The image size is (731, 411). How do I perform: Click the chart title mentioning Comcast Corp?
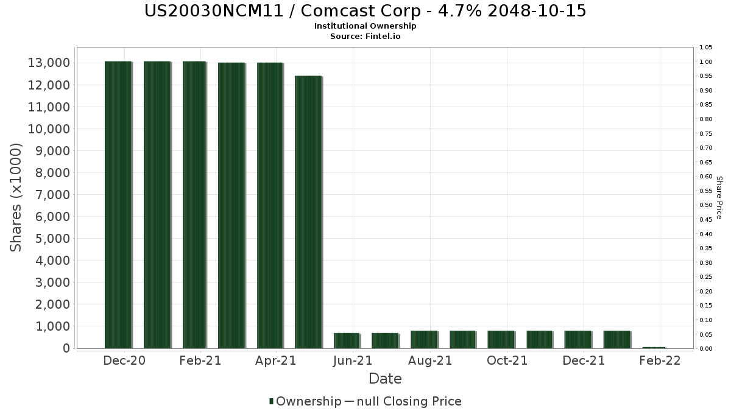click(365, 11)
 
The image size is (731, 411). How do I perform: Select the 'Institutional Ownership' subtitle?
click(365, 26)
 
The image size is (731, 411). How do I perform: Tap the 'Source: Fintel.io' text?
click(365, 36)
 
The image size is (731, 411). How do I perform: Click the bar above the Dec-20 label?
click(118, 205)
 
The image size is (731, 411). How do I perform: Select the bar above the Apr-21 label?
click(270, 205)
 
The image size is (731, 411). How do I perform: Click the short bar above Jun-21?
click(346, 340)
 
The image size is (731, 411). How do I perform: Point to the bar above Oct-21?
click(501, 339)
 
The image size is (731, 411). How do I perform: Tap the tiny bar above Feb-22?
click(654, 347)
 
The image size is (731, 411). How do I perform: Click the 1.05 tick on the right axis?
click(706, 47)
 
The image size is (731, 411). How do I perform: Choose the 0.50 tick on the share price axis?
click(706, 205)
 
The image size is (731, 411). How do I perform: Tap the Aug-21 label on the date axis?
click(431, 360)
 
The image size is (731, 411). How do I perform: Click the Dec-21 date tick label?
click(584, 360)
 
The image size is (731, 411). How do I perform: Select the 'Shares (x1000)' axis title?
click(16, 197)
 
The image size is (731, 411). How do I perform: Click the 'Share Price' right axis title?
click(719, 197)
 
